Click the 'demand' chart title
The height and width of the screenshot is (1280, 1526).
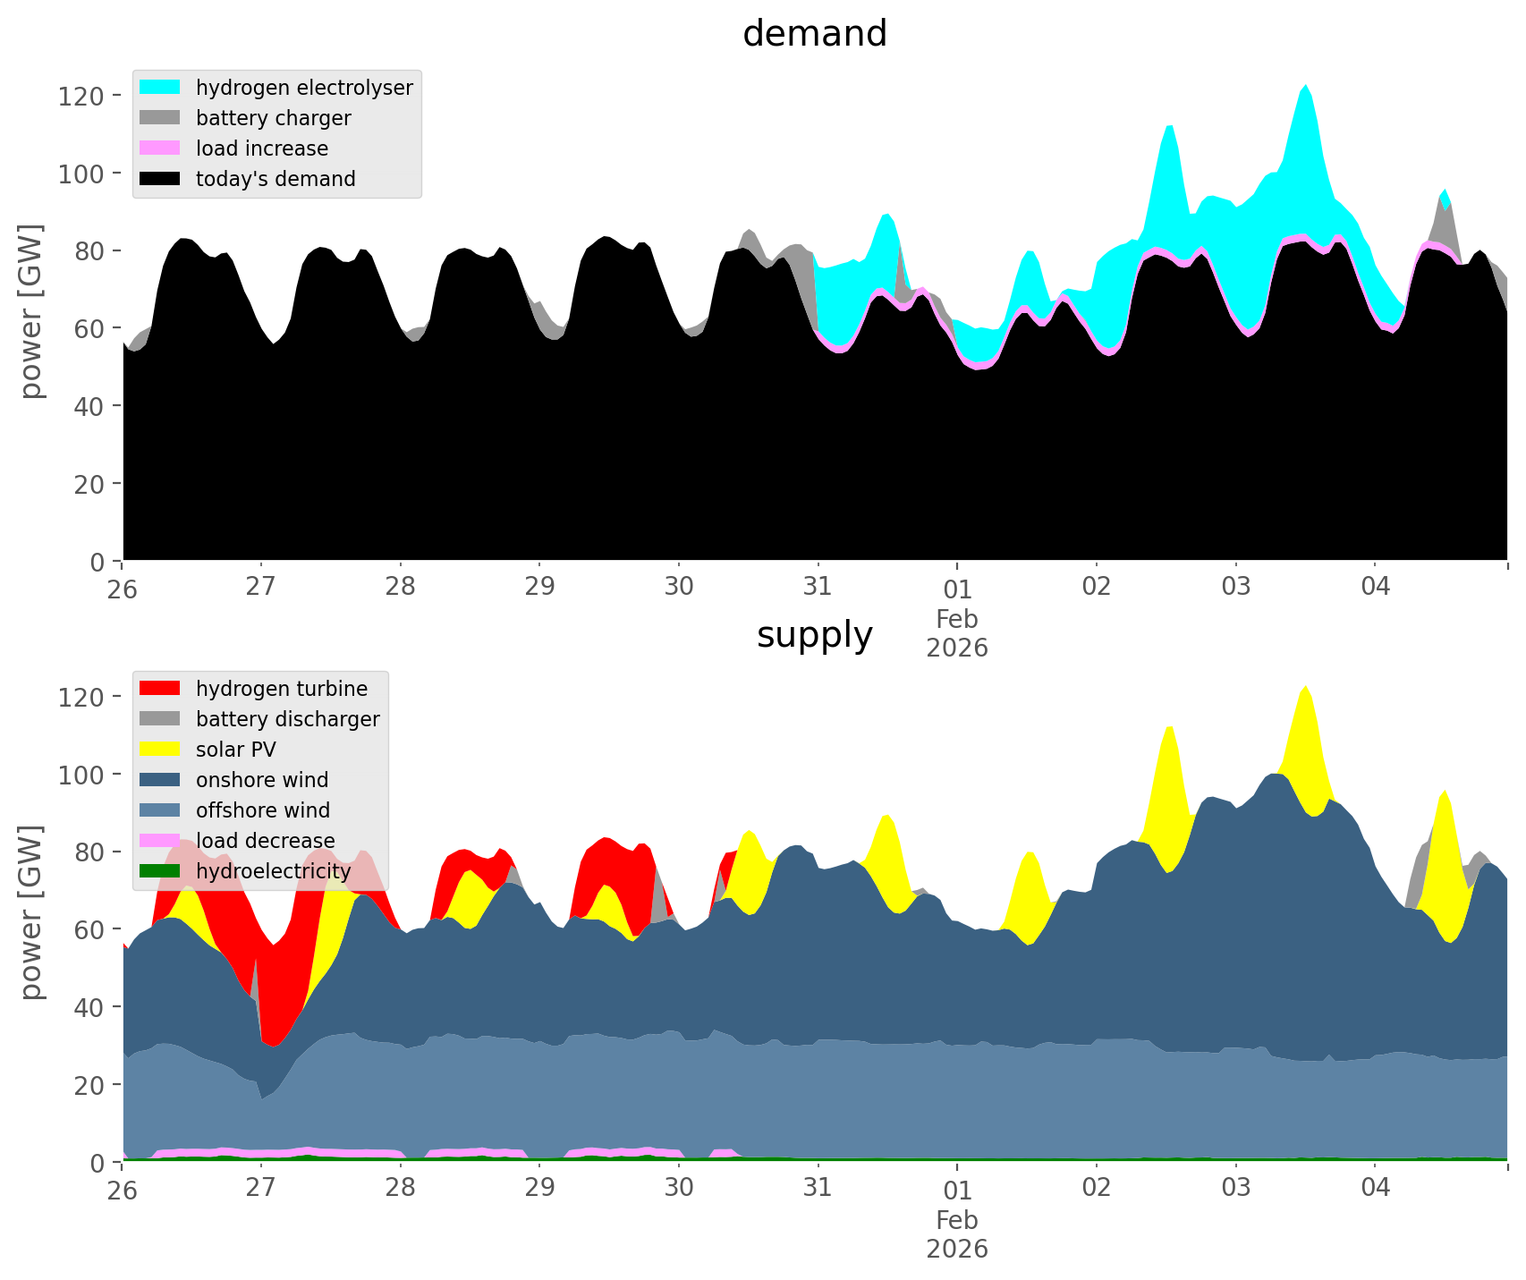click(x=814, y=34)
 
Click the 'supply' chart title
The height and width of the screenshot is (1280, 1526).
click(x=814, y=635)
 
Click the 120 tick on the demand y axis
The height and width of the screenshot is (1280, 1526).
click(x=81, y=96)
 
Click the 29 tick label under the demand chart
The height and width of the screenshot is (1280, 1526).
click(x=539, y=588)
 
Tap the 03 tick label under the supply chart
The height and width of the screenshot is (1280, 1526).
click(x=1235, y=1189)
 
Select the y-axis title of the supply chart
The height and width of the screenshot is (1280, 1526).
click(x=31, y=912)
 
